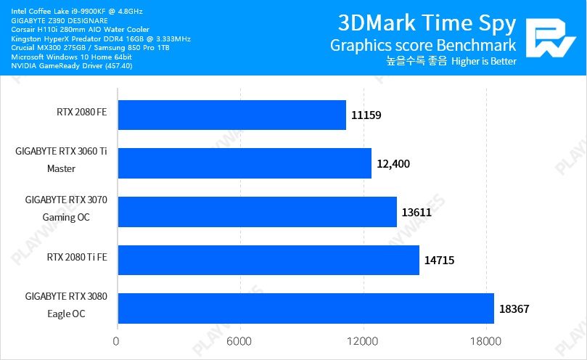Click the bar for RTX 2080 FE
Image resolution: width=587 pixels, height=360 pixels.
231,115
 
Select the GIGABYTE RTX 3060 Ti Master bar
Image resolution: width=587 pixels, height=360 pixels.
244,163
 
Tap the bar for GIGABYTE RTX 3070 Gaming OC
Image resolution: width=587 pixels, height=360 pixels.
256,211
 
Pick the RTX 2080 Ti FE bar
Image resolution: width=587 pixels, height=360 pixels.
268,260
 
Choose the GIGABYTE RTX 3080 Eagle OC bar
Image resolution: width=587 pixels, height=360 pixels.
305,308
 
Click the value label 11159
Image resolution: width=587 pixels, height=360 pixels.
366,115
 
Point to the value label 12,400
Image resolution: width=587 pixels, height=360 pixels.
393,163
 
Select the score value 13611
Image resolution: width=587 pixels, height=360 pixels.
417,212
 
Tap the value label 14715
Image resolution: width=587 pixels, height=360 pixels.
440,260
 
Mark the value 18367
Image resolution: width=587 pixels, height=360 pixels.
514,308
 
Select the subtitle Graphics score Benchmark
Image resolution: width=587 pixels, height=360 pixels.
423,45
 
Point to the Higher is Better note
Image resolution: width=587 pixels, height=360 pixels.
483,62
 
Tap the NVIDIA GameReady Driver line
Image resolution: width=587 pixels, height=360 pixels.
72,65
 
